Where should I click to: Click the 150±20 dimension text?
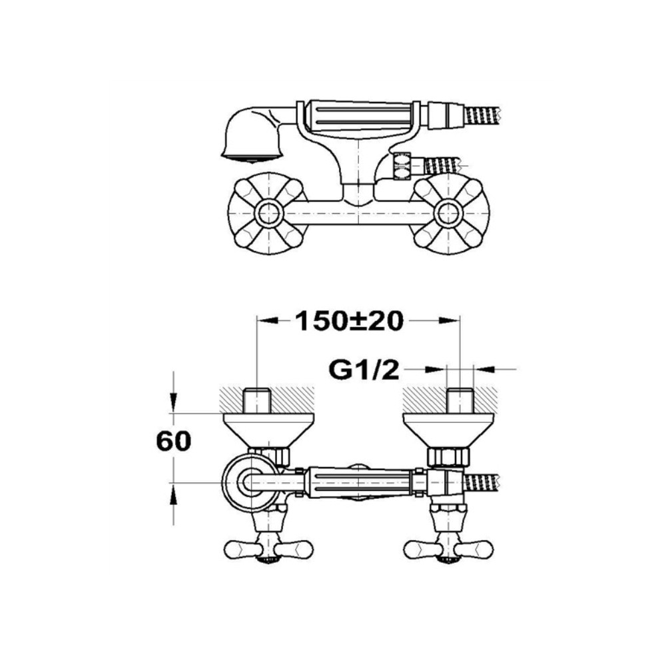coord(349,321)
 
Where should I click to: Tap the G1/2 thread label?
coord(364,370)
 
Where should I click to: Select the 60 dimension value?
coord(174,442)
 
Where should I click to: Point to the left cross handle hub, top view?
coord(268,212)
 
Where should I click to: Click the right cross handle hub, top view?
coord(450,212)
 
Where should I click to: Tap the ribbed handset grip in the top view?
coord(362,115)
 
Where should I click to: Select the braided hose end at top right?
coord(484,115)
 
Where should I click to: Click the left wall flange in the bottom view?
coord(268,430)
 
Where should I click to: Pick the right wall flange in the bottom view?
coord(449,430)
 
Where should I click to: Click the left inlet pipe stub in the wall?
coord(257,400)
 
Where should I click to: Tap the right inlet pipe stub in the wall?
coord(460,400)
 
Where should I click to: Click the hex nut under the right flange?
coord(448,456)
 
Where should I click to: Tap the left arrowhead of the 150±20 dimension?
coord(268,321)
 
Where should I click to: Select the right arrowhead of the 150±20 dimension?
coord(450,321)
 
